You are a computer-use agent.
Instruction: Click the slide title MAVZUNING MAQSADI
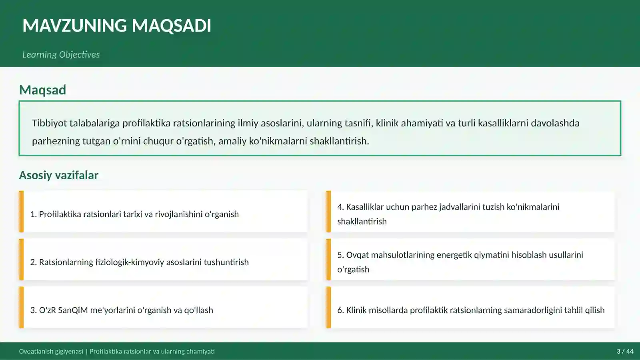116,26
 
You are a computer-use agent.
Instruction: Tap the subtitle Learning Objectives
61,54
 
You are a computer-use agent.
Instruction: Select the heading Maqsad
42,90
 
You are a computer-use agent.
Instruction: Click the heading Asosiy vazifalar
58,175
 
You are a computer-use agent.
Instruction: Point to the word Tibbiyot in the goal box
49,123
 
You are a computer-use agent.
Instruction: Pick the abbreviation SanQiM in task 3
73,310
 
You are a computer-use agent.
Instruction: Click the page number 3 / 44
625,352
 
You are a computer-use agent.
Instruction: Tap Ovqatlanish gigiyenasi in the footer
51,352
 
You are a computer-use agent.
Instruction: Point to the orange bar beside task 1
21,212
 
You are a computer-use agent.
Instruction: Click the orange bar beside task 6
328,308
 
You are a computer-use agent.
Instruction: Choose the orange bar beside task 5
328,260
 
